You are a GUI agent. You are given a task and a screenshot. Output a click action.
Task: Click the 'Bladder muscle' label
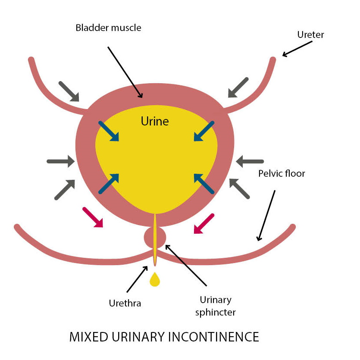(x=108, y=28)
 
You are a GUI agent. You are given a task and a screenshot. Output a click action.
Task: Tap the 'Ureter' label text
(x=310, y=34)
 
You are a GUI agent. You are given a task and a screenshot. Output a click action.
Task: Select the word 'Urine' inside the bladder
(x=155, y=122)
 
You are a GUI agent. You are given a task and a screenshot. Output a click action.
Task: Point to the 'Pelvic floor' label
(x=282, y=174)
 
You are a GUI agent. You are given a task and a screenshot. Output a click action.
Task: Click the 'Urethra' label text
(x=125, y=303)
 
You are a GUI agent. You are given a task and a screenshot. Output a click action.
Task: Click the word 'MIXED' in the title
(x=89, y=337)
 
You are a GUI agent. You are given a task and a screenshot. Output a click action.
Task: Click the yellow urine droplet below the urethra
(x=154, y=280)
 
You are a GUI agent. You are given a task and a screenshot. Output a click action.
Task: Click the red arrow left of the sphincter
(x=93, y=217)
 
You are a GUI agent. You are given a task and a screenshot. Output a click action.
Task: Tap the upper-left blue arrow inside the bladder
(x=109, y=131)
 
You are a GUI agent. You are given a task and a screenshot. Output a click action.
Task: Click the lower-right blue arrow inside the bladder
(x=204, y=183)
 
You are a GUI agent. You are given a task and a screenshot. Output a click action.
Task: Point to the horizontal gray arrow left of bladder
(x=60, y=162)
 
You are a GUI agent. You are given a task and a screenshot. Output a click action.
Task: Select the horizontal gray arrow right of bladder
(x=250, y=162)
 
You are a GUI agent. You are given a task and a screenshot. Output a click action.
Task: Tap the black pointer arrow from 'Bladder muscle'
(x=125, y=72)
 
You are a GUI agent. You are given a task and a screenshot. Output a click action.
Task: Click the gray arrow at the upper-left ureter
(x=69, y=91)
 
